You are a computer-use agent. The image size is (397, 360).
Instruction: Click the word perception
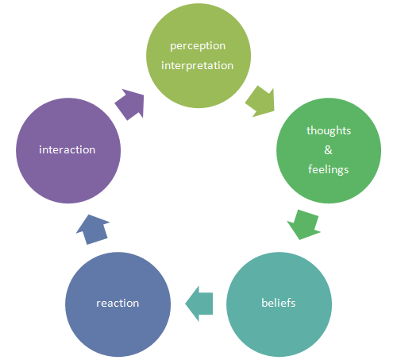[198, 46]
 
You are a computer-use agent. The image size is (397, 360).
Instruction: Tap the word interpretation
[198, 66]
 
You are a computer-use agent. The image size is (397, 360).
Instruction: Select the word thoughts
[329, 130]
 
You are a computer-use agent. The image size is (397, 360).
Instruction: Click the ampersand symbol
[328, 150]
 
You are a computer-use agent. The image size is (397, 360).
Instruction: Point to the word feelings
[329, 169]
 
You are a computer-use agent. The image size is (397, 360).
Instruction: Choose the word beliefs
[279, 303]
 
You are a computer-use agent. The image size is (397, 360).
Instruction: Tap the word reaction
[118, 304]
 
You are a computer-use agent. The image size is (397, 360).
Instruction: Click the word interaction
[67, 150]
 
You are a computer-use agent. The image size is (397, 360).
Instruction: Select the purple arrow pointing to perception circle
[130, 104]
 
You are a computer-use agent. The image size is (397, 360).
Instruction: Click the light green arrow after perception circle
[260, 102]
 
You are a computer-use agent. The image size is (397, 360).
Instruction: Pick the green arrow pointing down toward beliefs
[304, 225]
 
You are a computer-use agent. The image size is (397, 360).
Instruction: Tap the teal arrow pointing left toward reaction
[199, 304]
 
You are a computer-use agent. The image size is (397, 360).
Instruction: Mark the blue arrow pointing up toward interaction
[93, 229]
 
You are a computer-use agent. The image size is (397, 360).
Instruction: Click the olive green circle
[198, 56]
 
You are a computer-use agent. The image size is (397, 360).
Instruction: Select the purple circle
[68, 150]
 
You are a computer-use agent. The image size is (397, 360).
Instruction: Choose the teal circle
[279, 304]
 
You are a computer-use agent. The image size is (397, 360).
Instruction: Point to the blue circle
[118, 304]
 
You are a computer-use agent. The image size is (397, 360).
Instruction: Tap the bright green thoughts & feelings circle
[329, 150]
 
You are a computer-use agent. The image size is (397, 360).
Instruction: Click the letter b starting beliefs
[264, 303]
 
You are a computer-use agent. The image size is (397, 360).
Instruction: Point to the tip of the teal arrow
[186, 304]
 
